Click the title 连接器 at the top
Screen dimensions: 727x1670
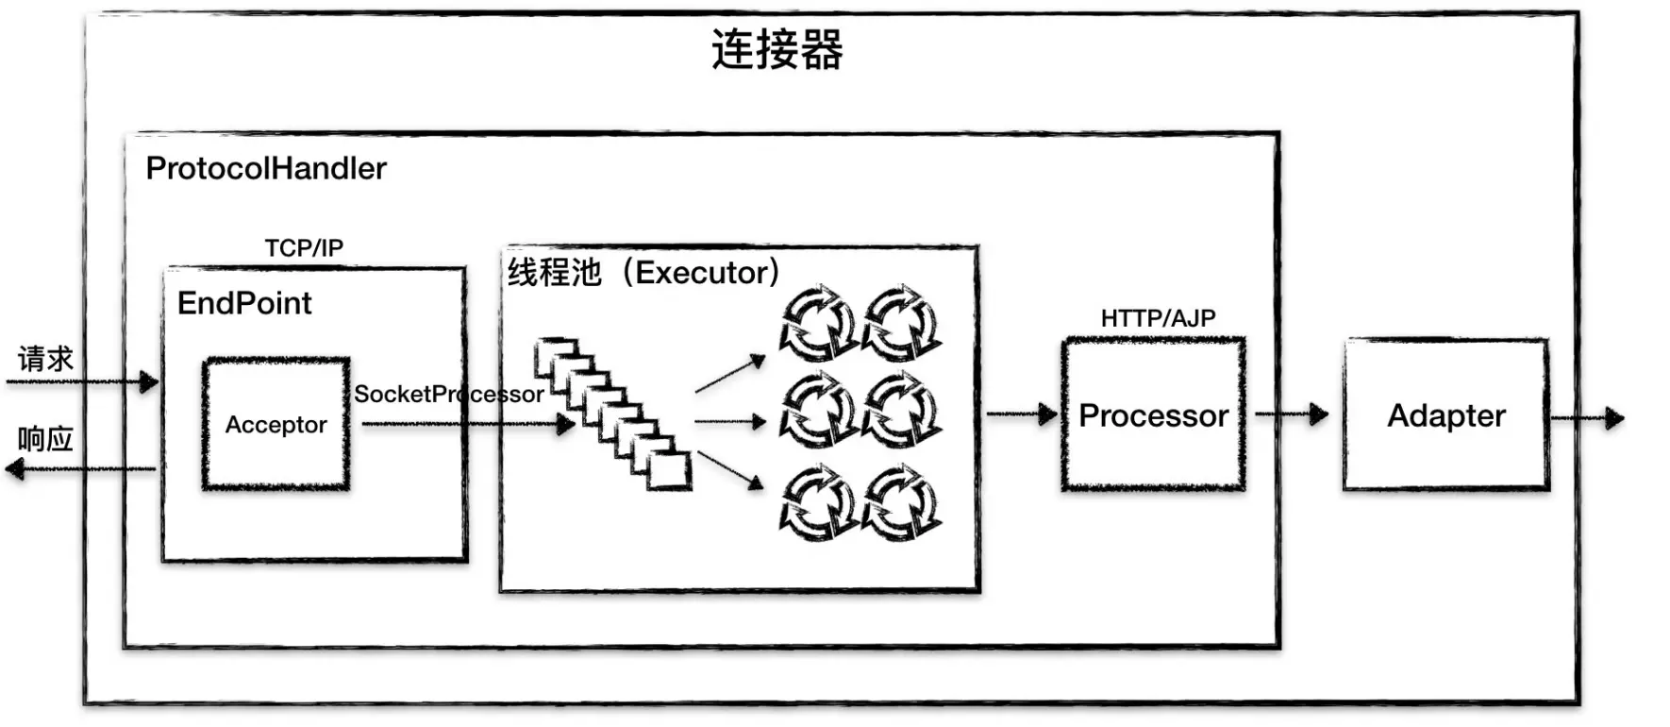[x=777, y=50]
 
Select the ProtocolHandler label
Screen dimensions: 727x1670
[x=266, y=169]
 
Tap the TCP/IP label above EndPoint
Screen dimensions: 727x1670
[x=304, y=248]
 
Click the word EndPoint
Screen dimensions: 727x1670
[x=244, y=303]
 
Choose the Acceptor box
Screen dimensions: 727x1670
[x=276, y=424]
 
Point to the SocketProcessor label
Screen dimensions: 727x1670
[x=448, y=395]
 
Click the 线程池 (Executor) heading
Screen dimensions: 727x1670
[x=643, y=273]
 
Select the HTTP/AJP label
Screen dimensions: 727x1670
[x=1158, y=318]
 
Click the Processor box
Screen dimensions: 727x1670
[x=1153, y=415]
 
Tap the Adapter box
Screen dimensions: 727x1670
[x=1445, y=415]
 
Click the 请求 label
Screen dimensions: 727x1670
[x=45, y=359]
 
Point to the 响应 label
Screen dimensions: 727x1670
[x=45, y=439]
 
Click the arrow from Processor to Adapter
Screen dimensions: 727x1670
[x=1291, y=414]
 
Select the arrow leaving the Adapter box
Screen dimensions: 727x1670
[x=1587, y=417]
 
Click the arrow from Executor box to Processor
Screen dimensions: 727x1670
[x=1021, y=414]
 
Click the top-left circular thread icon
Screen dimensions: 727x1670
[x=817, y=323]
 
